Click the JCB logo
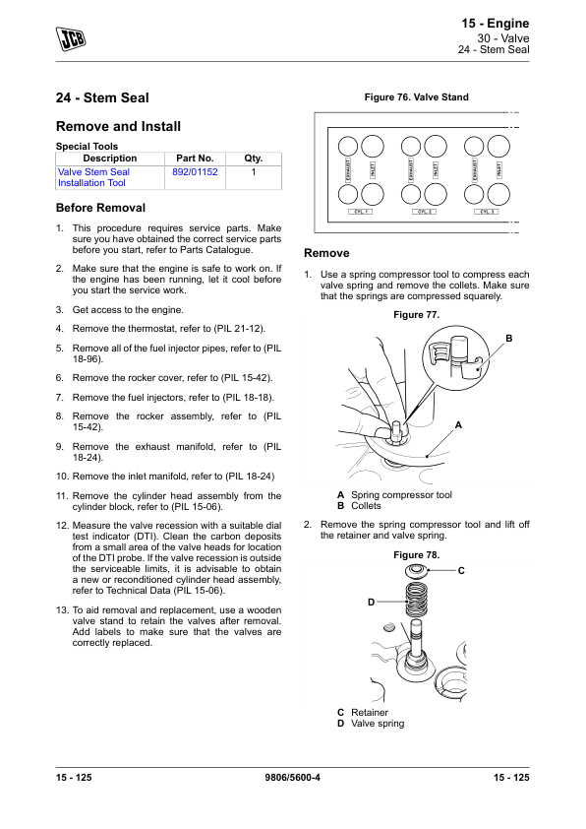[71, 38]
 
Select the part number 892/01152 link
[195, 172]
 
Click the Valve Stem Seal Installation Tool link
[93, 177]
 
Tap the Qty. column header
[254, 159]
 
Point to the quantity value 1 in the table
[254, 172]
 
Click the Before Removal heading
[100, 208]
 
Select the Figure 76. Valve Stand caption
[417, 97]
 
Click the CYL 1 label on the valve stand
[361, 212]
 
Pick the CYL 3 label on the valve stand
[487, 212]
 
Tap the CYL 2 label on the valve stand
[424, 212]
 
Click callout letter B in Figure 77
[509, 339]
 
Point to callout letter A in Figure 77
[458, 425]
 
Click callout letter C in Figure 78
[461, 571]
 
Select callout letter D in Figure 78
[371, 603]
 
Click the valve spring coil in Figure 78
[416, 600]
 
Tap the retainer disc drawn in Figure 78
[416, 571]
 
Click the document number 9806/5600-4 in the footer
[292, 777]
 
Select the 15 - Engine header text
[496, 24]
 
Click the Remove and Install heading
[118, 126]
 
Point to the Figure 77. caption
[417, 315]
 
